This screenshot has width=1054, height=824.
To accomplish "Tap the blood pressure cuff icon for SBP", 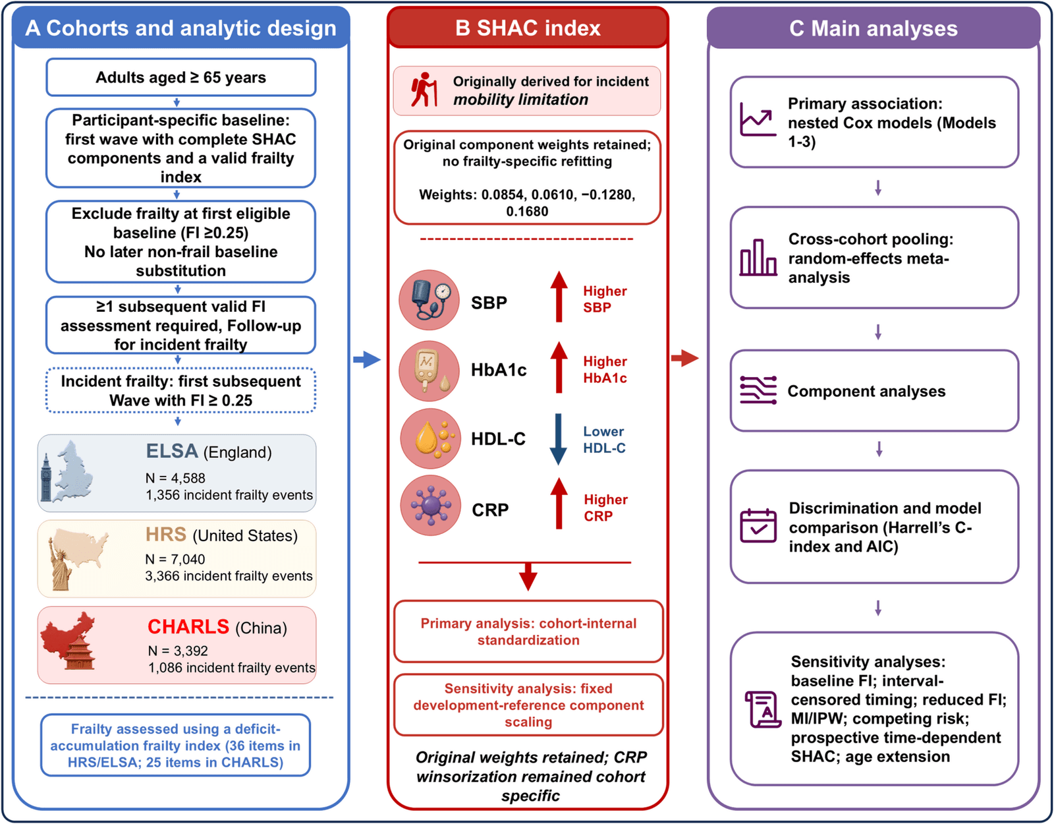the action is click(x=430, y=300).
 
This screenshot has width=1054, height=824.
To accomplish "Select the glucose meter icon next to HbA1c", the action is click(x=430, y=370).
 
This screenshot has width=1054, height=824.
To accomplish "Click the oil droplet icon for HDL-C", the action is click(x=430, y=438).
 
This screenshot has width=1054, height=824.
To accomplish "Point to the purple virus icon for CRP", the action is click(x=431, y=505).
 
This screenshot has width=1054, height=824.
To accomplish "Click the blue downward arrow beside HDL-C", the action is click(x=558, y=439).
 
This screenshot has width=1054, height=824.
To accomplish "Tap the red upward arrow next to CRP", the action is click(x=559, y=503).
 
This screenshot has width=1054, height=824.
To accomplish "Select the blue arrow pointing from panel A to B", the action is click(x=367, y=359).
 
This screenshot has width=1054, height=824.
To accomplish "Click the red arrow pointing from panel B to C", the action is click(x=685, y=358).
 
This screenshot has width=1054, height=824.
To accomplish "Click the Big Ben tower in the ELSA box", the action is click(x=46, y=477).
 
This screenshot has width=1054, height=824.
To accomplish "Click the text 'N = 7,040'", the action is click(x=175, y=559).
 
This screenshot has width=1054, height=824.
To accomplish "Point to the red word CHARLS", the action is click(x=188, y=626).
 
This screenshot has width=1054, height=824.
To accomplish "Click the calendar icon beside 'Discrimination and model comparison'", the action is click(x=758, y=525).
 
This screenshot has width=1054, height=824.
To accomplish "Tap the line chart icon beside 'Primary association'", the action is click(x=758, y=119).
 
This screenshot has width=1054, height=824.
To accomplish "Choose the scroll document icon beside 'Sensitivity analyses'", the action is click(x=762, y=709).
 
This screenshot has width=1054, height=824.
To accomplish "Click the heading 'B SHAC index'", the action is click(x=528, y=28).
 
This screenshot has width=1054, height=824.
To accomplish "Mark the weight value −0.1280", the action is click(x=607, y=194).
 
